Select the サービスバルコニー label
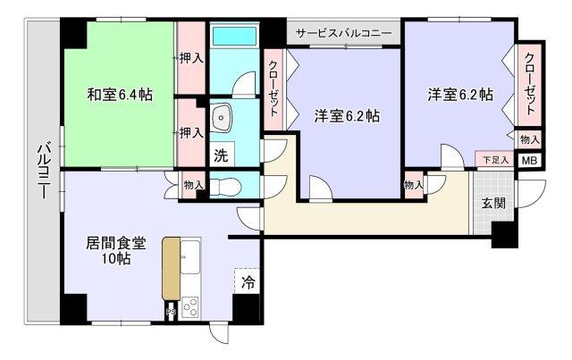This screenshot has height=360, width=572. tap(344, 33)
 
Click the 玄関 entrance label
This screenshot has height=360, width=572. tap(493, 202)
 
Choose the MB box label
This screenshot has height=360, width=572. tap(529, 162)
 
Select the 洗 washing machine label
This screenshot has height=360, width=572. tap(220, 154)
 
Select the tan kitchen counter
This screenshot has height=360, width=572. tap(170, 268)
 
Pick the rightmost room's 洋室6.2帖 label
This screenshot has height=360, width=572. tap(459, 94)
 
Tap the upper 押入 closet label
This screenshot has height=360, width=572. tap(190, 58)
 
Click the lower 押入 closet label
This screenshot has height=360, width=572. tap(190, 132)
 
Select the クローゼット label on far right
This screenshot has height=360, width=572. tap(530, 84)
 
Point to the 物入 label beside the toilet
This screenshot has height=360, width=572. tap(193, 185)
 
